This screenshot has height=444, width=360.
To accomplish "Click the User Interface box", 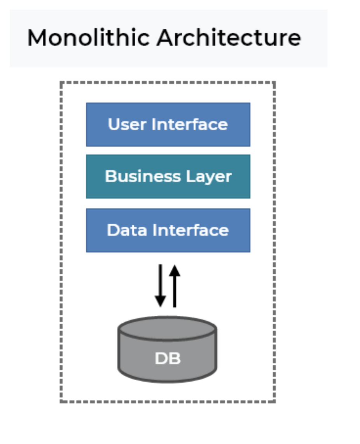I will point(168,124).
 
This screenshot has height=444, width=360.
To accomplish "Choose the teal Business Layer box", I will point(168,177).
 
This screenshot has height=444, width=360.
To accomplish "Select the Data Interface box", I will point(168,230).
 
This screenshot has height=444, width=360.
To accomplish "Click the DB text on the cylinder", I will point(168,358).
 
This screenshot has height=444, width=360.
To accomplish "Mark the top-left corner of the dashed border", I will point(61,82).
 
